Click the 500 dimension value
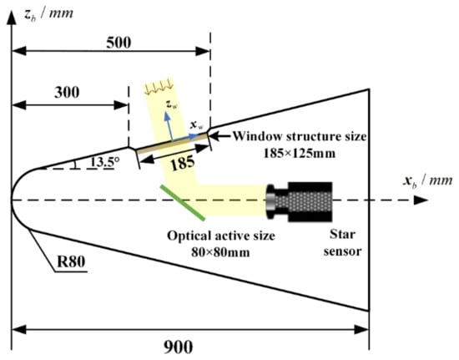(x=119, y=43)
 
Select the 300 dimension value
(x=67, y=93)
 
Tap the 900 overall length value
(x=178, y=347)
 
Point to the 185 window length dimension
(x=183, y=163)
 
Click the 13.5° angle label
(x=104, y=162)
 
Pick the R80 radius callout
(x=71, y=261)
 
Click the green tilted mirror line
(x=183, y=202)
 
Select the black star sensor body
(x=299, y=201)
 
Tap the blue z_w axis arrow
(x=169, y=126)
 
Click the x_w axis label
(x=196, y=125)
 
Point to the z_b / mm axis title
(x=48, y=13)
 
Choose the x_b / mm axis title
(x=427, y=181)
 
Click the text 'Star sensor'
(x=342, y=242)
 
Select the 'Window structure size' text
(x=300, y=136)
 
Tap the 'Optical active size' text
(x=221, y=236)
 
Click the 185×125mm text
(x=300, y=153)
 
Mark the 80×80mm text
(x=220, y=252)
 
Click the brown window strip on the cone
(x=172, y=143)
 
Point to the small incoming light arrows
(x=159, y=87)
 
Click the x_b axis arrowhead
(x=421, y=200)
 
